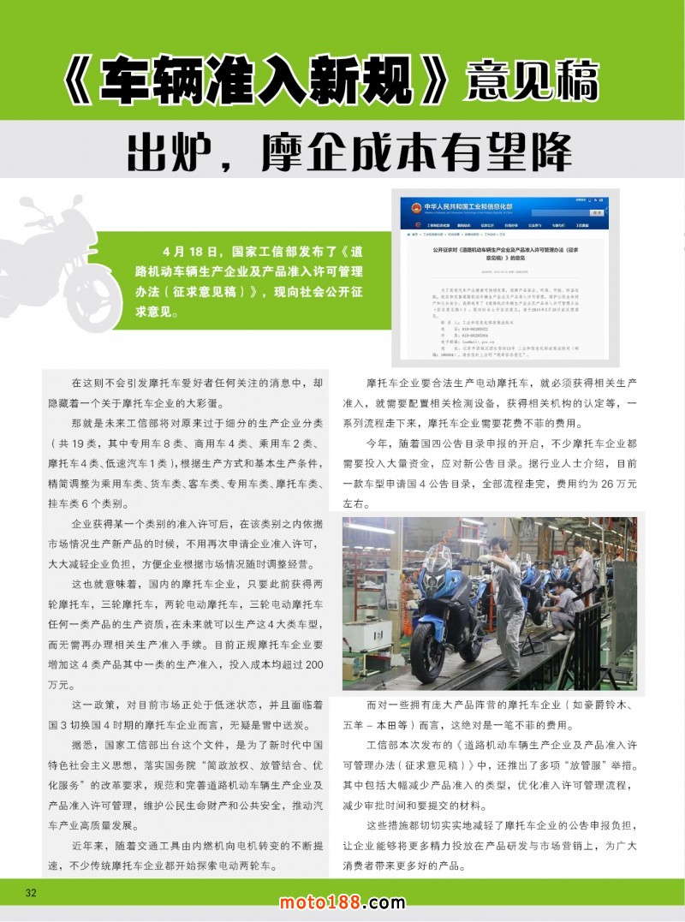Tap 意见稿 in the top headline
click(x=532, y=82)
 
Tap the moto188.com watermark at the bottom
click(x=342, y=902)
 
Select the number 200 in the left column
click(x=313, y=664)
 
